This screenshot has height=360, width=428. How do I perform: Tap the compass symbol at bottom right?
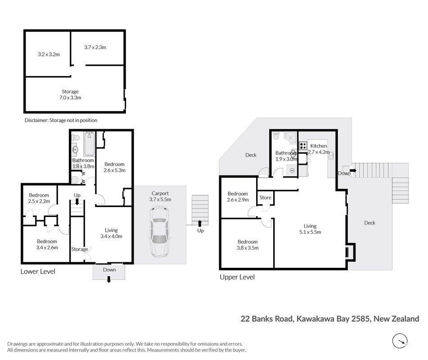[x=400, y=341]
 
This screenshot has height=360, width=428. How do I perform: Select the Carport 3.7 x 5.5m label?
[x=160, y=196]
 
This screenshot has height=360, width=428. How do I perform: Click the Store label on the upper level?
[x=266, y=198]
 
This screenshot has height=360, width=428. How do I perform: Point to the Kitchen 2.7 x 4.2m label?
[x=319, y=149]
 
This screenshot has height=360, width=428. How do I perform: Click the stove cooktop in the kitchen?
[x=303, y=146]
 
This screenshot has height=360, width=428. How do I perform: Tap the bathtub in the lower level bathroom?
[x=89, y=144]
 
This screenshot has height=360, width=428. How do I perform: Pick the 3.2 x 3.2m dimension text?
[x=49, y=54]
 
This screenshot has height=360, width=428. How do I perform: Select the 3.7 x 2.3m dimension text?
[x=95, y=47]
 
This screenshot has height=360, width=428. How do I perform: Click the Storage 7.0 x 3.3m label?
[x=70, y=94]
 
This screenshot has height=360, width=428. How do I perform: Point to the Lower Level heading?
[x=38, y=271]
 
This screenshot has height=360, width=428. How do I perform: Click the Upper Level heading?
[x=237, y=277]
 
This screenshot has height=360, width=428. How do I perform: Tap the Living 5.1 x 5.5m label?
[x=310, y=229]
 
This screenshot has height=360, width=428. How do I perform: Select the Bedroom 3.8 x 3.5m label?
[x=248, y=245]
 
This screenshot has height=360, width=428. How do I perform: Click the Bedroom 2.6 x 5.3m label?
[x=114, y=167]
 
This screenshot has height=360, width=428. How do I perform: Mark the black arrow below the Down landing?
[x=108, y=279]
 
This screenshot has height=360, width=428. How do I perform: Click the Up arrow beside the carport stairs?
[x=199, y=224]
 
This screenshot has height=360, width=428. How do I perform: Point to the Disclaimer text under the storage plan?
[x=61, y=120]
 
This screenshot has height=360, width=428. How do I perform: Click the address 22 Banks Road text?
[x=266, y=319]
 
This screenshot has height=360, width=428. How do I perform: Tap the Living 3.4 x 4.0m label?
[x=111, y=233]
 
